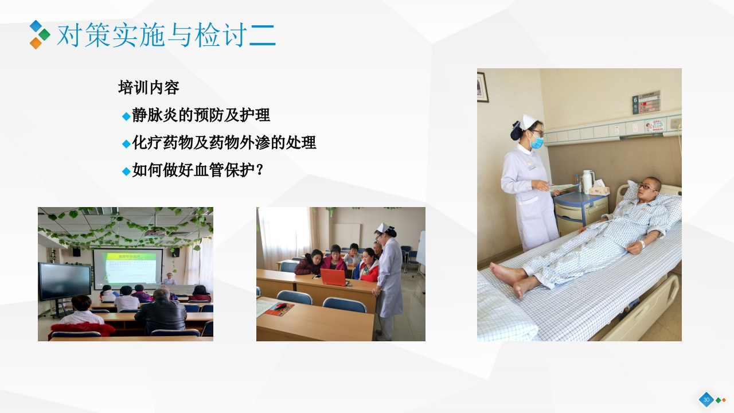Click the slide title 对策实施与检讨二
pos(166,36)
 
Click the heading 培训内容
pos(149,88)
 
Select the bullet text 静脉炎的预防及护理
pos(201,115)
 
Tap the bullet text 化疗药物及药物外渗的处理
pos(224,143)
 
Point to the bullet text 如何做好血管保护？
pos(198,170)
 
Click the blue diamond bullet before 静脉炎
pos(126,116)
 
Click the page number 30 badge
pos(706,399)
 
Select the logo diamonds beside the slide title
pos(39,34)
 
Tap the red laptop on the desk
pos(334,277)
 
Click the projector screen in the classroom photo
pos(127,267)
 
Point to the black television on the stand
pos(64,281)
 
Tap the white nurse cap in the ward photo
pos(529,122)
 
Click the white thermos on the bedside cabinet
pos(587,181)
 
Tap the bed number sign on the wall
pos(646,103)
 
